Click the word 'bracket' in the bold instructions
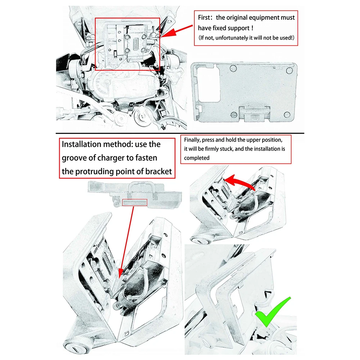[x=157, y=171]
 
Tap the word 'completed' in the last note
[x=197, y=158]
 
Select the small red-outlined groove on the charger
[x=135, y=203]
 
